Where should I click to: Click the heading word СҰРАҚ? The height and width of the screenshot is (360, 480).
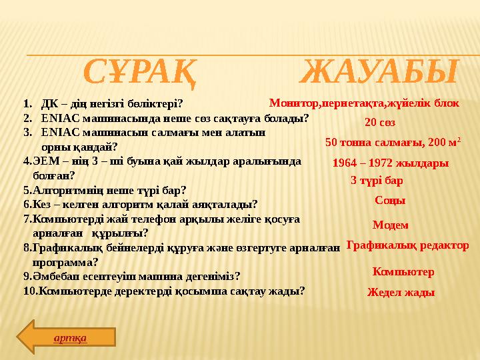coord(141,72)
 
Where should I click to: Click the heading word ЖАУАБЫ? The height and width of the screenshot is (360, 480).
coord(379,72)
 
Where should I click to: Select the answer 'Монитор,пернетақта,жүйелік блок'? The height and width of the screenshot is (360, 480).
coord(364,103)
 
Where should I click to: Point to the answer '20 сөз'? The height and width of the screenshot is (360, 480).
coord(380,123)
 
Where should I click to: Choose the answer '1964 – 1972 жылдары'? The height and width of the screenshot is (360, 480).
coord(390,163)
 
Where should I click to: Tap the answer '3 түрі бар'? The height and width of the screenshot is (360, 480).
coord(377,180)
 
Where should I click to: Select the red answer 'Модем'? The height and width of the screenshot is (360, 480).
coord(390,225)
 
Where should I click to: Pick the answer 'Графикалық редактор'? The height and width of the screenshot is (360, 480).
coord(407,245)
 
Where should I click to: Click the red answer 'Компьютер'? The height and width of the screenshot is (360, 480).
coord(403,272)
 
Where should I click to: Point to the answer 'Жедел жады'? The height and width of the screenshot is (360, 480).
coord(401,292)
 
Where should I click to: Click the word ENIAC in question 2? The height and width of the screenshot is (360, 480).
coord(56,119)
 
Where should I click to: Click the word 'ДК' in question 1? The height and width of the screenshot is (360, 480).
coord(49,104)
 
